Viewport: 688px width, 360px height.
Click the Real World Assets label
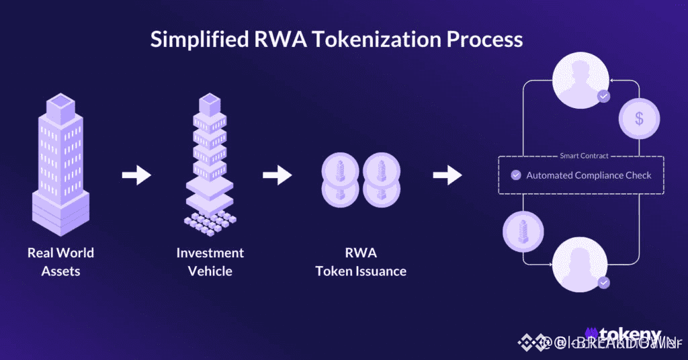[60, 262]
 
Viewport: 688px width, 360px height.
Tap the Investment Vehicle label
[210, 262]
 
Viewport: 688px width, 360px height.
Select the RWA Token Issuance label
[361, 262]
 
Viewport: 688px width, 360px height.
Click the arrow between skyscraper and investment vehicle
[136, 175]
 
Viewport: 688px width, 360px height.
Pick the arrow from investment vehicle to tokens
[277, 175]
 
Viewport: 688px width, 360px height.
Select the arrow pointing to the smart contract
[447, 175]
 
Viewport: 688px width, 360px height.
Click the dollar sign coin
[639, 119]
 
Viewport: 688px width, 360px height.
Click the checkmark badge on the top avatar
[604, 97]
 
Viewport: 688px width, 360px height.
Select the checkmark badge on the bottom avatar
[604, 283]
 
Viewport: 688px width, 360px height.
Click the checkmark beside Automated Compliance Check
[516, 175]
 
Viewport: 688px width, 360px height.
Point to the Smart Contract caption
[584, 156]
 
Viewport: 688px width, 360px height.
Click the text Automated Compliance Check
[589, 175]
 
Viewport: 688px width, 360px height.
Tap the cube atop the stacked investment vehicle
[210, 103]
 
